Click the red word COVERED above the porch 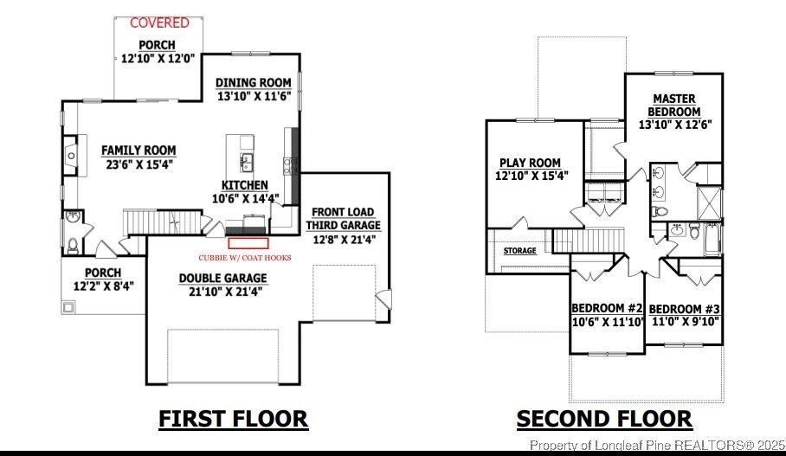(x=159, y=22)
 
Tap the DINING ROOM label (x=253, y=83)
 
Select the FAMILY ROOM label (x=139, y=150)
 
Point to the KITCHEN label (x=245, y=185)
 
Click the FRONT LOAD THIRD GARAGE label (x=343, y=218)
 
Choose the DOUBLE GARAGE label (x=223, y=278)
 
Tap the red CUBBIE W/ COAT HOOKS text (x=245, y=258)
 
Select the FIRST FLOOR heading (x=233, y=419)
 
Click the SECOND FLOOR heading (x=604, y=419)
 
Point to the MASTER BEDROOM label (x=675, y=106)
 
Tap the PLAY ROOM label (x=530, y=163)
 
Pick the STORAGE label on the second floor (x=520, y=251)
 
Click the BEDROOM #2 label (x=607, y=309)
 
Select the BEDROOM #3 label (x=684, y=309)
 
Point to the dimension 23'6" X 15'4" (x=139, y=164)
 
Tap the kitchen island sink (x=247, y=160)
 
